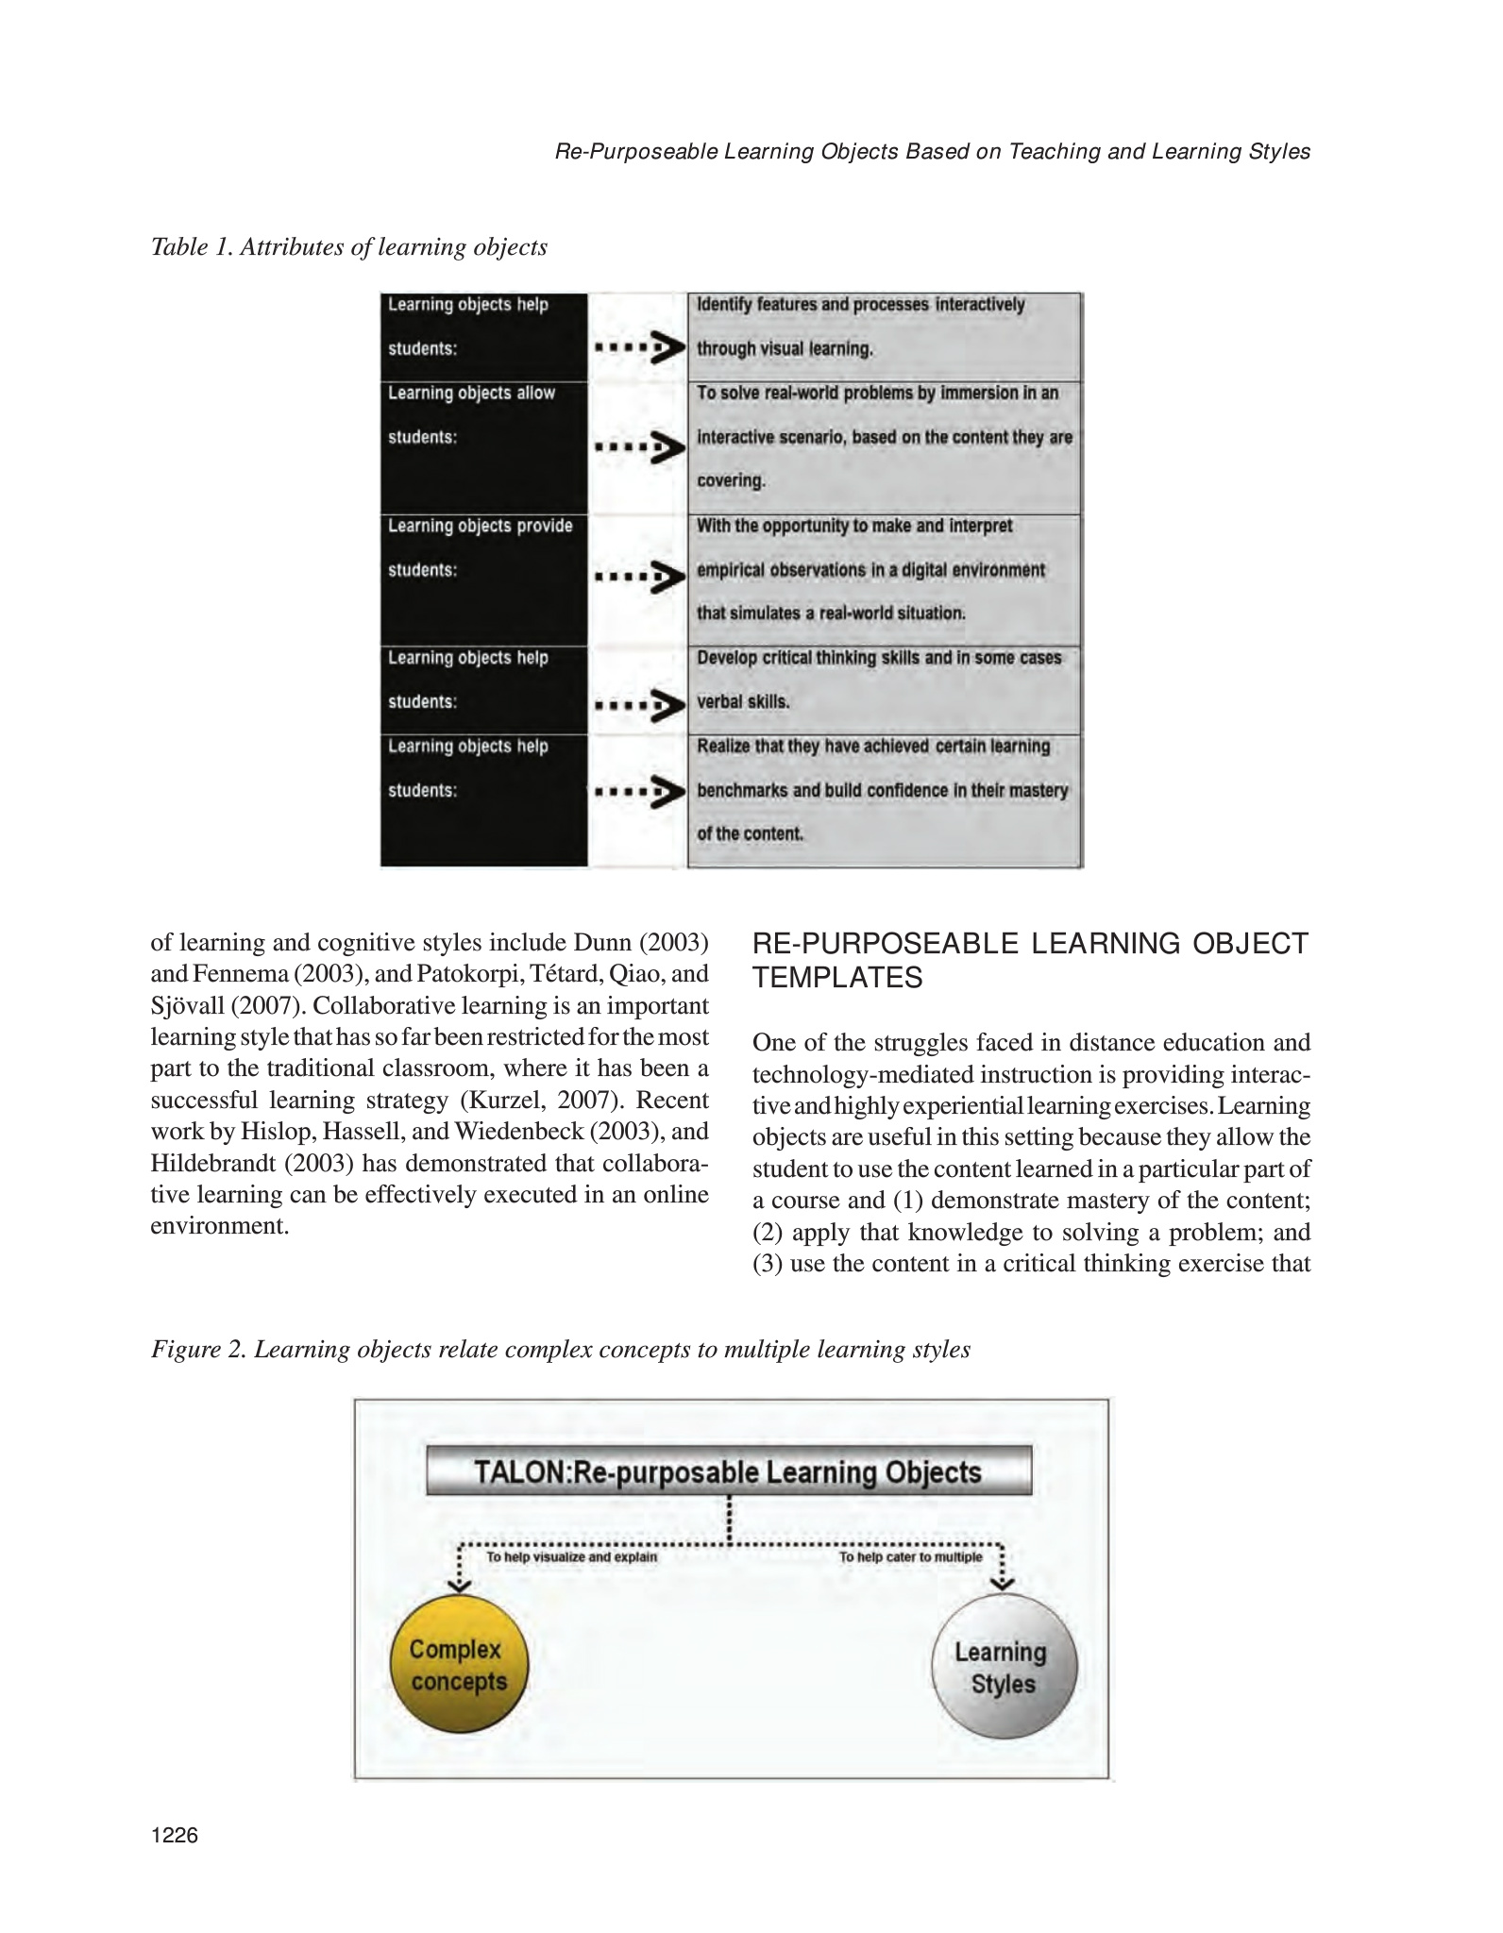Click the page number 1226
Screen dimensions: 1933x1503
pyautogui.click(x=175, y=1835)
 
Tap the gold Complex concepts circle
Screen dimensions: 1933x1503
pyautogui.click(x=459, y=1666)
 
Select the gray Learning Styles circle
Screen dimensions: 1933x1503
pyautogui.click(x=1003, y=1668)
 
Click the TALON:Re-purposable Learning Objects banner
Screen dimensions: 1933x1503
pyautogui.click(x=729, y=1472)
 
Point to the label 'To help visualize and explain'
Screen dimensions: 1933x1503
pyautogui.click(x=571, y=1557)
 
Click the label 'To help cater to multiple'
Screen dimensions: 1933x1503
pyautogui.click(x=911, y=1557)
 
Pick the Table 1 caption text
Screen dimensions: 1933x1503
pyautogui.click(x=349, y=247)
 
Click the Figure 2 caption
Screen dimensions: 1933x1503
pyautogui.click(x=561, y=1350)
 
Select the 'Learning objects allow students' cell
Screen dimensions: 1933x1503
pyautogui.click(x=483, y=446)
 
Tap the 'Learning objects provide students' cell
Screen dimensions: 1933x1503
pyautogui.click(x=483, y=579)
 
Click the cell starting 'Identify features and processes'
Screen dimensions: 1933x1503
pyautogui.click(x=884, y=336)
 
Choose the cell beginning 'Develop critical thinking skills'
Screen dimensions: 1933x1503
pyautogui.click(x=884, y=689)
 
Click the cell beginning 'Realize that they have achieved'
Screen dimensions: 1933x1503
pyautogui.click(x=884, y=799)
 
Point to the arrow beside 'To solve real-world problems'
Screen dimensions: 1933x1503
pyautogui.click(x=639, y=447)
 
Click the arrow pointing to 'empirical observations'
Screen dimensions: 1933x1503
pyautogui.click(x=639, y=576)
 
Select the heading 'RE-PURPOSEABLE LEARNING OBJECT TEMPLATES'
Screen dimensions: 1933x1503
pyautogui.click(x=1030, y=960)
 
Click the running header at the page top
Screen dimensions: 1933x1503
pyautogui.click(x=932, y=152)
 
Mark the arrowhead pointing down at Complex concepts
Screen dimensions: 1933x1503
pyautogui.click(x=460, y=1583)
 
